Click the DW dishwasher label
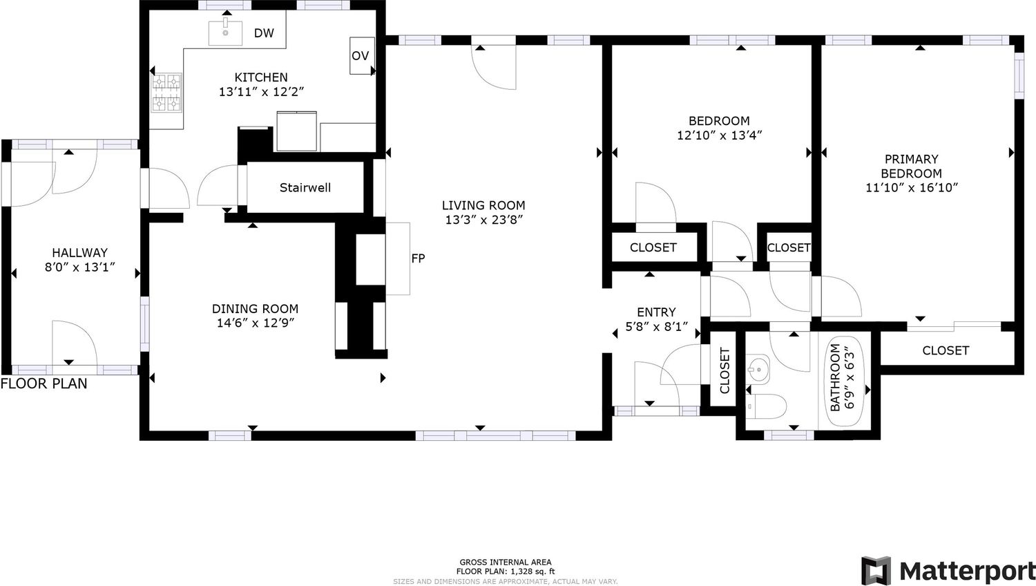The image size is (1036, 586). tap(264, 33)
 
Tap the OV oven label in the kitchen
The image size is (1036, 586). tap(361, 56)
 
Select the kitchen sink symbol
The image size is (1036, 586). tap(225, 32)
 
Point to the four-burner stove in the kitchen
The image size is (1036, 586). tap(166, 93)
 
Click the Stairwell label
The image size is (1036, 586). tap(305, 187)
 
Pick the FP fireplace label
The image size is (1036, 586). tap(418, 258)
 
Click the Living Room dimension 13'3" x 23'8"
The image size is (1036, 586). tap(483, 220)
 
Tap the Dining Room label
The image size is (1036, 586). tap(256, 309)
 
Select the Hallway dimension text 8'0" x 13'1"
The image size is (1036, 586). tap(79, 267)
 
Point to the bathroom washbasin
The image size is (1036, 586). tap(758, 370)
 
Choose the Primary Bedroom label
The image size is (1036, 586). tap(911, 166)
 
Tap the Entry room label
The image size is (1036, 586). tap(656, 312)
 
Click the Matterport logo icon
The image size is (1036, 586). tap(876, 571)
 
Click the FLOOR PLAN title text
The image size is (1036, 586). tap(44, 384)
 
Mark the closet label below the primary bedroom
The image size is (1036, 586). tap(946, 350)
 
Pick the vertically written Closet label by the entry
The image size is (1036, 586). tap(725, 371)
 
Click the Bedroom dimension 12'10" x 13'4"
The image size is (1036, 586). tap(720, 135)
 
